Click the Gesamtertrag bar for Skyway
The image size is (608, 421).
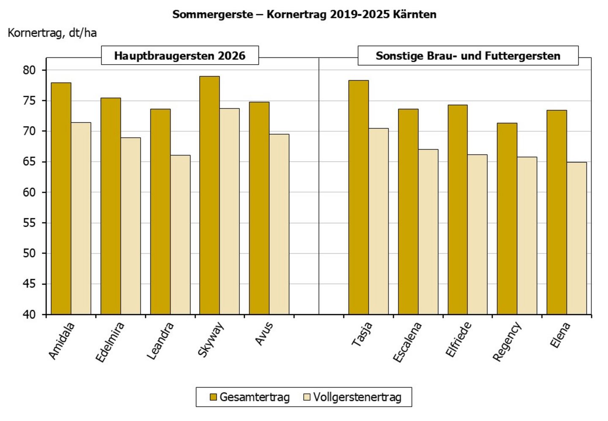point(209,195)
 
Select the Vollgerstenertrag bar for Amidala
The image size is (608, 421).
point(81,218)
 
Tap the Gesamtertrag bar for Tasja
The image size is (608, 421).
point(358,197)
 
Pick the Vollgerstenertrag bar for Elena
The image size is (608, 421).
point(577,238)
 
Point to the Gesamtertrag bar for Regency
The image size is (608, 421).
point(507,218)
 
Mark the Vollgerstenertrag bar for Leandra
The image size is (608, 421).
point(180,234)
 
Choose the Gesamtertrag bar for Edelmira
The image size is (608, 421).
point(111,206)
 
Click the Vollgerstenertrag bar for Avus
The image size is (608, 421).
point(279,224)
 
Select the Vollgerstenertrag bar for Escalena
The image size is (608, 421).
point(428,232)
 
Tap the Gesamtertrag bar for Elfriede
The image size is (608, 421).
point(458,209)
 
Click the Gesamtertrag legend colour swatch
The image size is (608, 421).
point(213,397)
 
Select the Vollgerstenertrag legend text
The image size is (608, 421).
point(357,397)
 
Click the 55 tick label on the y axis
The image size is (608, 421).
point(29,223)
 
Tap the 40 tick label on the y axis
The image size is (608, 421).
point(29,315)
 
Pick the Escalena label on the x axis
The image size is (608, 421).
point(407,342)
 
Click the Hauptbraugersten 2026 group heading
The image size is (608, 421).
point(180,56)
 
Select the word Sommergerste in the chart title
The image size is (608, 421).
point(212,14)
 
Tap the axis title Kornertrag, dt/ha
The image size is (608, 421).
point(52,33)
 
